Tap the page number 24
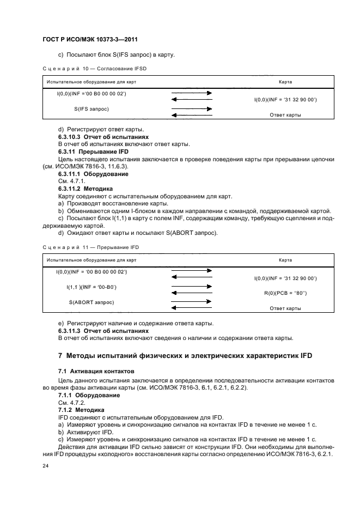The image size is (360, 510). pos(46,466)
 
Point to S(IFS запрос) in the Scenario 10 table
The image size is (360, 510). pos(91,108)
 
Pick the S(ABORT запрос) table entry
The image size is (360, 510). pos(91,301)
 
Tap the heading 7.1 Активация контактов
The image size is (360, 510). pos(87,371)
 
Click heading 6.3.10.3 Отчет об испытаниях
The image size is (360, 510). pos(103,137)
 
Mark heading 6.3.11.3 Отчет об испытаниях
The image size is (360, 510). pos(103,331)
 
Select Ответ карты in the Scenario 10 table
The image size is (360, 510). pos(285,115)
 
